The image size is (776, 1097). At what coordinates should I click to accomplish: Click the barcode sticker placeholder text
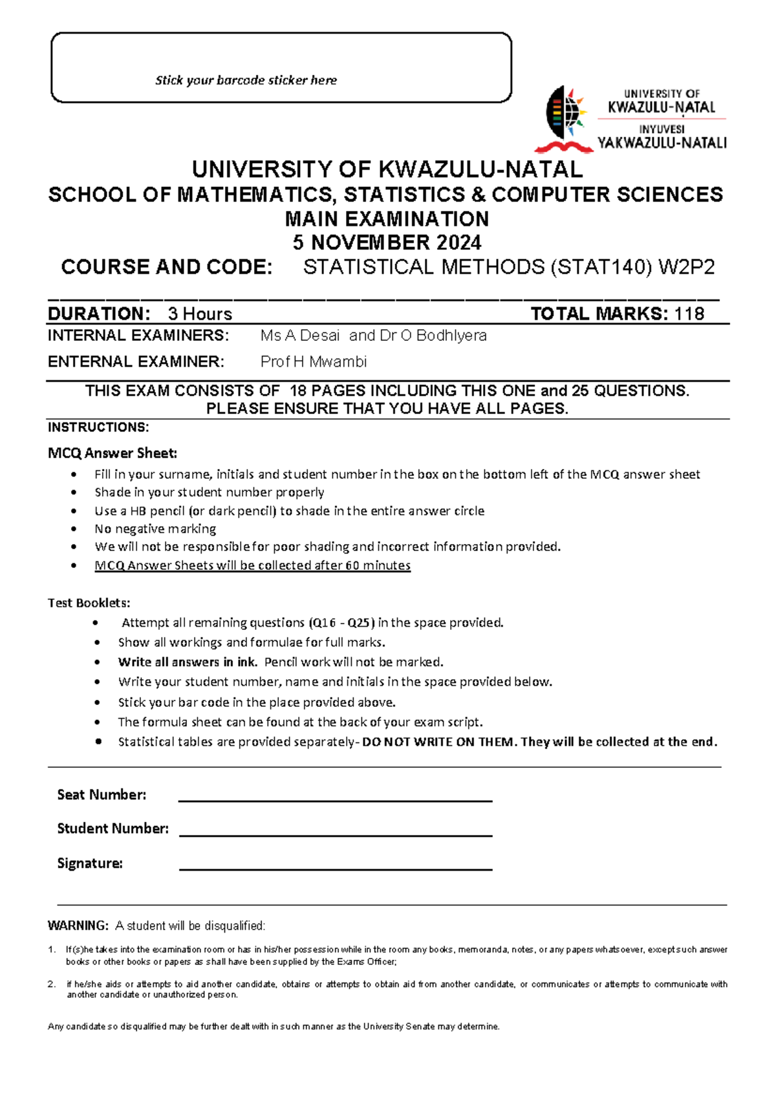(246, 80)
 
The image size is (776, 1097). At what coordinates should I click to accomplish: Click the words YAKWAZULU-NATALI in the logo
(662, 143)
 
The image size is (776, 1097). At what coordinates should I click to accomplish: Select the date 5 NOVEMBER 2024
(387, 243)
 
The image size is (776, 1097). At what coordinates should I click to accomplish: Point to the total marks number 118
(689, 314)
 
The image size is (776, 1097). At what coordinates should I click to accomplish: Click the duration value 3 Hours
(200, 314)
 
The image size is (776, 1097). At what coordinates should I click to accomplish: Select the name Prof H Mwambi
(314, 362)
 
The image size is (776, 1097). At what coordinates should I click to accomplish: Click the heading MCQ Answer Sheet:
(112, 453)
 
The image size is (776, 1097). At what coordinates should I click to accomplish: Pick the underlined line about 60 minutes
(252, 565)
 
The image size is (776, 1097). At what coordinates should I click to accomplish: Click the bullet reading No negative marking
(155, 528)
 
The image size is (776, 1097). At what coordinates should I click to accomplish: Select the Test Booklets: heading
(89, 603)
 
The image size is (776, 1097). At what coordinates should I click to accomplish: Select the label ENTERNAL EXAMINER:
(136, 362)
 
